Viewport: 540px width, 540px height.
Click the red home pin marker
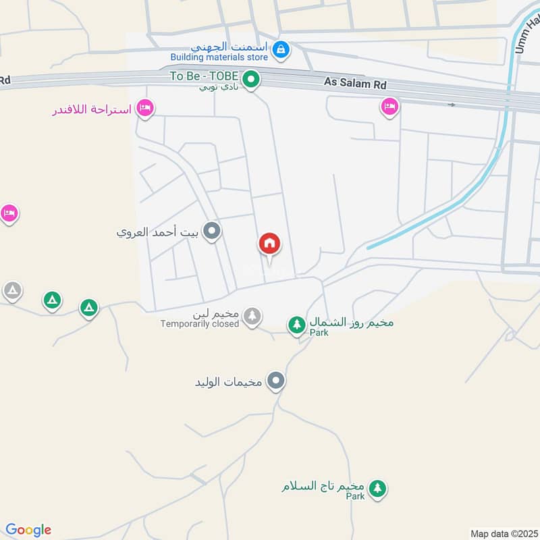pyautogui.click(x=270, y=244)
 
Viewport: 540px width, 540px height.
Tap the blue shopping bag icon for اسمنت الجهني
pyautogui.click(x=281, y=49)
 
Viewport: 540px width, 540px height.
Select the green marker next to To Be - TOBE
pyautogui.click(x=252, y=80)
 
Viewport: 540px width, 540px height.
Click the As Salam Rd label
pyautogui.click(x=355, y=82)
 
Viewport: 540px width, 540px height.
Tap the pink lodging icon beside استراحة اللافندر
pyautogui.click(x=144, y=108)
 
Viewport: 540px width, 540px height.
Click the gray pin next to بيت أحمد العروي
pyautogui.click(x=213, y=233)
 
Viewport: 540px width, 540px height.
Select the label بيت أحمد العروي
pyautogui.click(x=158, y=233)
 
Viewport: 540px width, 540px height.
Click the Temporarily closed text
pyautogui.click(x=200, y=324)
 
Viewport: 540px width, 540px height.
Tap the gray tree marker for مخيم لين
pyautogui.click(x=252, y=315)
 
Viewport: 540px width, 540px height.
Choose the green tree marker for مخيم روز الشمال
pyautogui.click(x=296, y=325)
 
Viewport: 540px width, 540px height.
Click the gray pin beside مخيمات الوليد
pyautogui.click(x=275, y=381)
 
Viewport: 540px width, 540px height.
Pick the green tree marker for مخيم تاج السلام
pyautogui.click(x=377, y=488)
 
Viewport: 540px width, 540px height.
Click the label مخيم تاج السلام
pyautogui.click(x=323, y=485)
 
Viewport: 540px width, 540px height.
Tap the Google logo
pyautogui.click(x=28, y=530)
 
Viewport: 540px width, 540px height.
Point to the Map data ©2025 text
pyautogui.click(x=503, y=533)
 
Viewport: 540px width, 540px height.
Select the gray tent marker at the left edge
pyautogui.click(x=12, y=291)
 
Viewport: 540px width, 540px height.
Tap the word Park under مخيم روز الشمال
pyautogui.click(x=319, y=333)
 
